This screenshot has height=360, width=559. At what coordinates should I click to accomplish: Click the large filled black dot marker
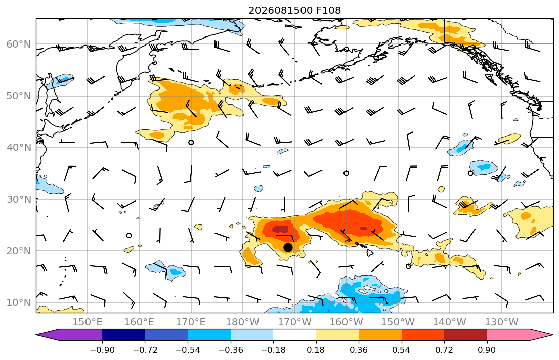(x=288, y=247)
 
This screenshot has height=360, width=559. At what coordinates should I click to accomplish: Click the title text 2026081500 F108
(x=294, y=10)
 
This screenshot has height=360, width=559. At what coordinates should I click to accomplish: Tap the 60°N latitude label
(x=19, y=44)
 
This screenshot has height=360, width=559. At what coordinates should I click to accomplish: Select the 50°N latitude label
(x=19, y=96)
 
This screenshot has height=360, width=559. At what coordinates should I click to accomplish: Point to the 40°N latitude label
(x=19, y=147)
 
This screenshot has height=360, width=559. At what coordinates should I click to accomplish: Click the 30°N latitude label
(x=19, y=199)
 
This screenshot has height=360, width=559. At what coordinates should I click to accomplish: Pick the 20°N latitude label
(x=19, y=251)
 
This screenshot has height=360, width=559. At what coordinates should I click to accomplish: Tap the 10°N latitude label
(x=19, y=302)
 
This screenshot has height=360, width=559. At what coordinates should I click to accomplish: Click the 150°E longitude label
(x=88, y=322)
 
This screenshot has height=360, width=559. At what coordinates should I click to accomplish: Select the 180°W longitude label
(x=243, y=322)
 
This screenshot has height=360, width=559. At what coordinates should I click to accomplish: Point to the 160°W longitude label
(x=346, y=322)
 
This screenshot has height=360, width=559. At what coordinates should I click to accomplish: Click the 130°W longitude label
(x=502, y=322)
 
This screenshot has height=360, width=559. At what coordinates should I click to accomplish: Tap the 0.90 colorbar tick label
(x=487, y=350)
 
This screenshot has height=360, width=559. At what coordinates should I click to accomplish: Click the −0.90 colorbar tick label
(x=102, y=350)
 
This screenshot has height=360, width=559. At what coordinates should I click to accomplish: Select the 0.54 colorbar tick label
(x=402, y=350)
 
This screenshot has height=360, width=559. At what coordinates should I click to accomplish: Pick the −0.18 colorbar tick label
(x=274, y=350)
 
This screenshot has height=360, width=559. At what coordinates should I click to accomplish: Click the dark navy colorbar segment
(x=123, y=335)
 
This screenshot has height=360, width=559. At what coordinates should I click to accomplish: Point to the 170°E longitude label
(x=191, y=322)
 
